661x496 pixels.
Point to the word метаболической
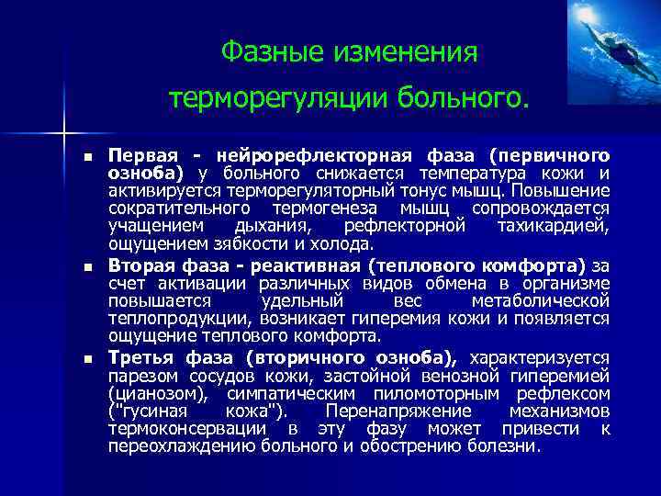[540, 300]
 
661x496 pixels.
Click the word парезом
[139, 375]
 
